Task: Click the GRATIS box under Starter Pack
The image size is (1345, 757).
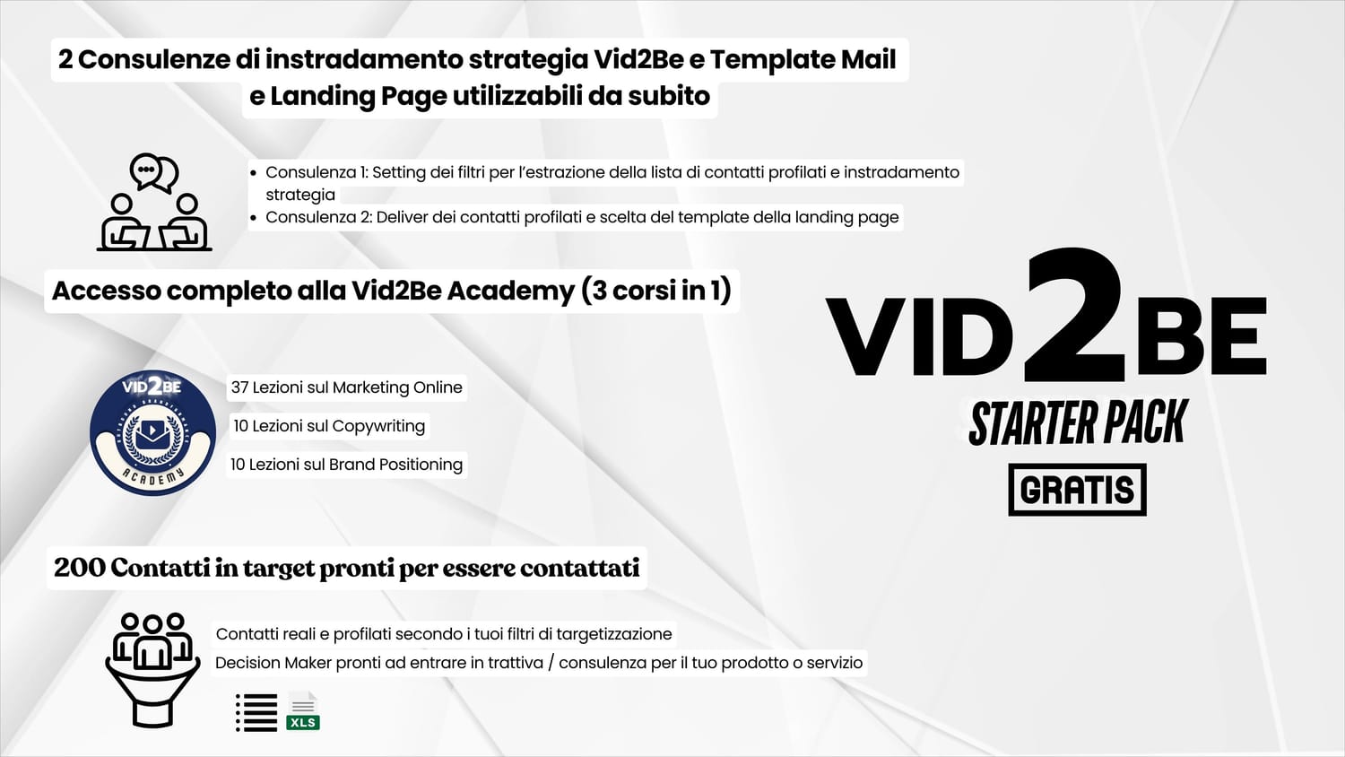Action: point(1077,490)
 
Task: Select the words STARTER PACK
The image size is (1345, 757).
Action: point(1079,422)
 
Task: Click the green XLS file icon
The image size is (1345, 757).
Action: point(303,711)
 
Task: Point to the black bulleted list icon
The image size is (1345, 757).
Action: point(256,712)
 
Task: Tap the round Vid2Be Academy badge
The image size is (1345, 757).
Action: point(152,432)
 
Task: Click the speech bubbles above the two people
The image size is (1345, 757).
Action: point(154,172)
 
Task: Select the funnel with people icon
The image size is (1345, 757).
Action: point(152,669)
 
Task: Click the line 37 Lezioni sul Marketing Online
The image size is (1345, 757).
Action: point(346,387)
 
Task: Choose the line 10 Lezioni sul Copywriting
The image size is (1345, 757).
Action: point(329,426)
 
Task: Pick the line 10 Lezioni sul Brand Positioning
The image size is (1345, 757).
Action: point(346,465)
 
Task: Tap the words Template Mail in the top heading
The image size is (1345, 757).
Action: point(803,59)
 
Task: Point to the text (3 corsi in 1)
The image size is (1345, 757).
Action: point(656,291)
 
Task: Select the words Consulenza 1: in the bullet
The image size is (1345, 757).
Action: point(317,172)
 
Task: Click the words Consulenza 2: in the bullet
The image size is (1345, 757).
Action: point(318,217)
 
